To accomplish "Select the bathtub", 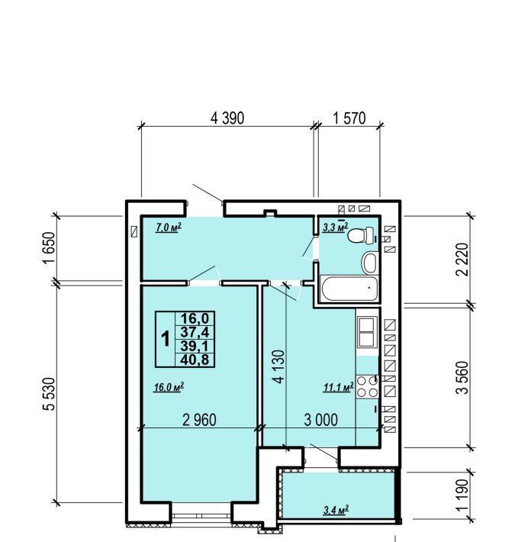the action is coord(350,288).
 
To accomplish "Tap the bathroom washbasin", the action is coord(370,263).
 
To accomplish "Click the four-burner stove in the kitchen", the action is coord(368,387).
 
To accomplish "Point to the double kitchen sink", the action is coord(367,332).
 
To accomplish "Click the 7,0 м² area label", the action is coord(169,227).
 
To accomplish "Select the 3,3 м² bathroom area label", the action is coord(336,227).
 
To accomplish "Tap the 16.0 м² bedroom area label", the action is coord(169,387).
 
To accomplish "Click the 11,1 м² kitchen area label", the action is coord(339,387).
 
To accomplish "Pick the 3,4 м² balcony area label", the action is coord(336,510).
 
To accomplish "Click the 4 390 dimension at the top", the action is coord(227,118).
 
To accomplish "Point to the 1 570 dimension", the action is coord(349,118).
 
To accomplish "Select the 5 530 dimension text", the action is coord(50,394).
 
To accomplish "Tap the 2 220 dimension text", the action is coord(462,260).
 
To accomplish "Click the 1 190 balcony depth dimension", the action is coord(462,495).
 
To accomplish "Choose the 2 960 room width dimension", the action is coord(199,420).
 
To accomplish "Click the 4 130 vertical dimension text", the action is coord(278,366).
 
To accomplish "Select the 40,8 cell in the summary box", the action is coord(195,360).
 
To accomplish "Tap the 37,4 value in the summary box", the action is coord(195,332).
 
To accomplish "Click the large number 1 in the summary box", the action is coord(166,339).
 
